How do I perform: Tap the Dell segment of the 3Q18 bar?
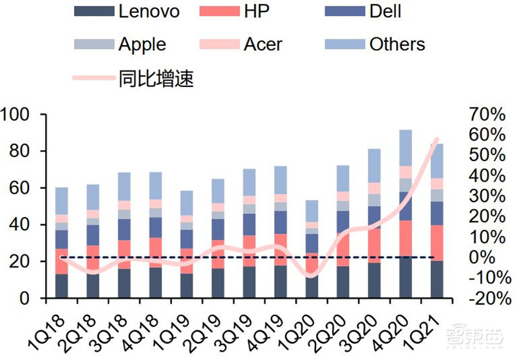[124, 229]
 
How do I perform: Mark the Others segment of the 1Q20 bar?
[312, 211]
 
